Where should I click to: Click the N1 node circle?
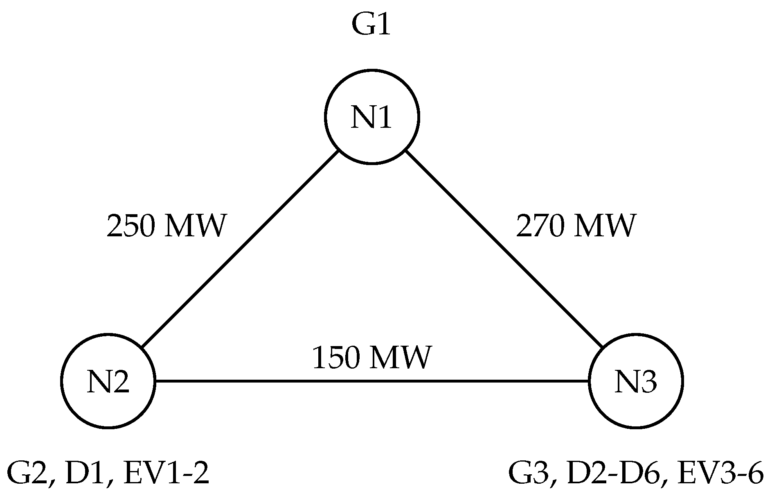click(371, 117)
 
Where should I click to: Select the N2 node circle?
click(108, 381)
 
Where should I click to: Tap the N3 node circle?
click(635, 381)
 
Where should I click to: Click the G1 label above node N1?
click(371, 26)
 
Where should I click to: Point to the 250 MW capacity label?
click(166, 226)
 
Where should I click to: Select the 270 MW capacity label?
click(576, 226)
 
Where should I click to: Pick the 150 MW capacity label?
click(371, 358)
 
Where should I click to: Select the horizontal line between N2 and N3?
click(371, 381)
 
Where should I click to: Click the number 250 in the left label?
click(131, 226)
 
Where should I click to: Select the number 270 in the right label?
click(540, 226)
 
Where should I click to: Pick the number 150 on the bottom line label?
click(336, 358)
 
